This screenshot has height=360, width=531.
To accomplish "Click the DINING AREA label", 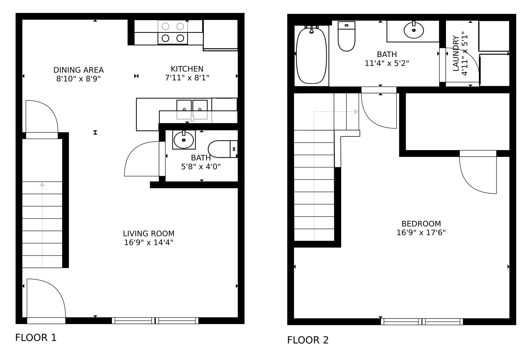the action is point(79,70).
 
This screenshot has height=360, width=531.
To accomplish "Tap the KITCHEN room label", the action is point(187,69).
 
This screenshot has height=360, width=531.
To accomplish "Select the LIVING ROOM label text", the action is point(149,234).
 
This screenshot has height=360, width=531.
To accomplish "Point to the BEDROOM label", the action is point(421,224).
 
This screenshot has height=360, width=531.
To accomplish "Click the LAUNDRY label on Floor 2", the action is point(456,53).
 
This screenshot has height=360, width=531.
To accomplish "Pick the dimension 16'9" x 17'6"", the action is point(421,233).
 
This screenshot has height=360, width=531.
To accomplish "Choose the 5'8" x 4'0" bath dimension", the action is point(201,167).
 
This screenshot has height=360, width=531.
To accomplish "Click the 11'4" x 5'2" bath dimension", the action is point(387,63).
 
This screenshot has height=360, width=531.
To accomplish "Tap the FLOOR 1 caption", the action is point(36,338).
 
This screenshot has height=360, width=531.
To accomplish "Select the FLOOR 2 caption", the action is point(308,340).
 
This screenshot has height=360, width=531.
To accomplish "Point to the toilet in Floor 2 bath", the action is point(346,36).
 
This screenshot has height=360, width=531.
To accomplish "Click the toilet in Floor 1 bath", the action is point(223,149).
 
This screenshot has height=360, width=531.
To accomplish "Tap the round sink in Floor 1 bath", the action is point(184,140).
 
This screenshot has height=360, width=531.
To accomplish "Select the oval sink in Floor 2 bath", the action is point(414,30).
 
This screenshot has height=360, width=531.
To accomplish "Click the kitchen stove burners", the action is point(173,32).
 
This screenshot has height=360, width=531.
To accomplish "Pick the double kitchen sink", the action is point(192,109).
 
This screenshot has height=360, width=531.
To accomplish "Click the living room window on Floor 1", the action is point(155,321).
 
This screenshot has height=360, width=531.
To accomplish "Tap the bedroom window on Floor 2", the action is point(422,322).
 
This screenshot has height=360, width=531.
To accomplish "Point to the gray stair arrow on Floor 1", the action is point(42,225).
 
